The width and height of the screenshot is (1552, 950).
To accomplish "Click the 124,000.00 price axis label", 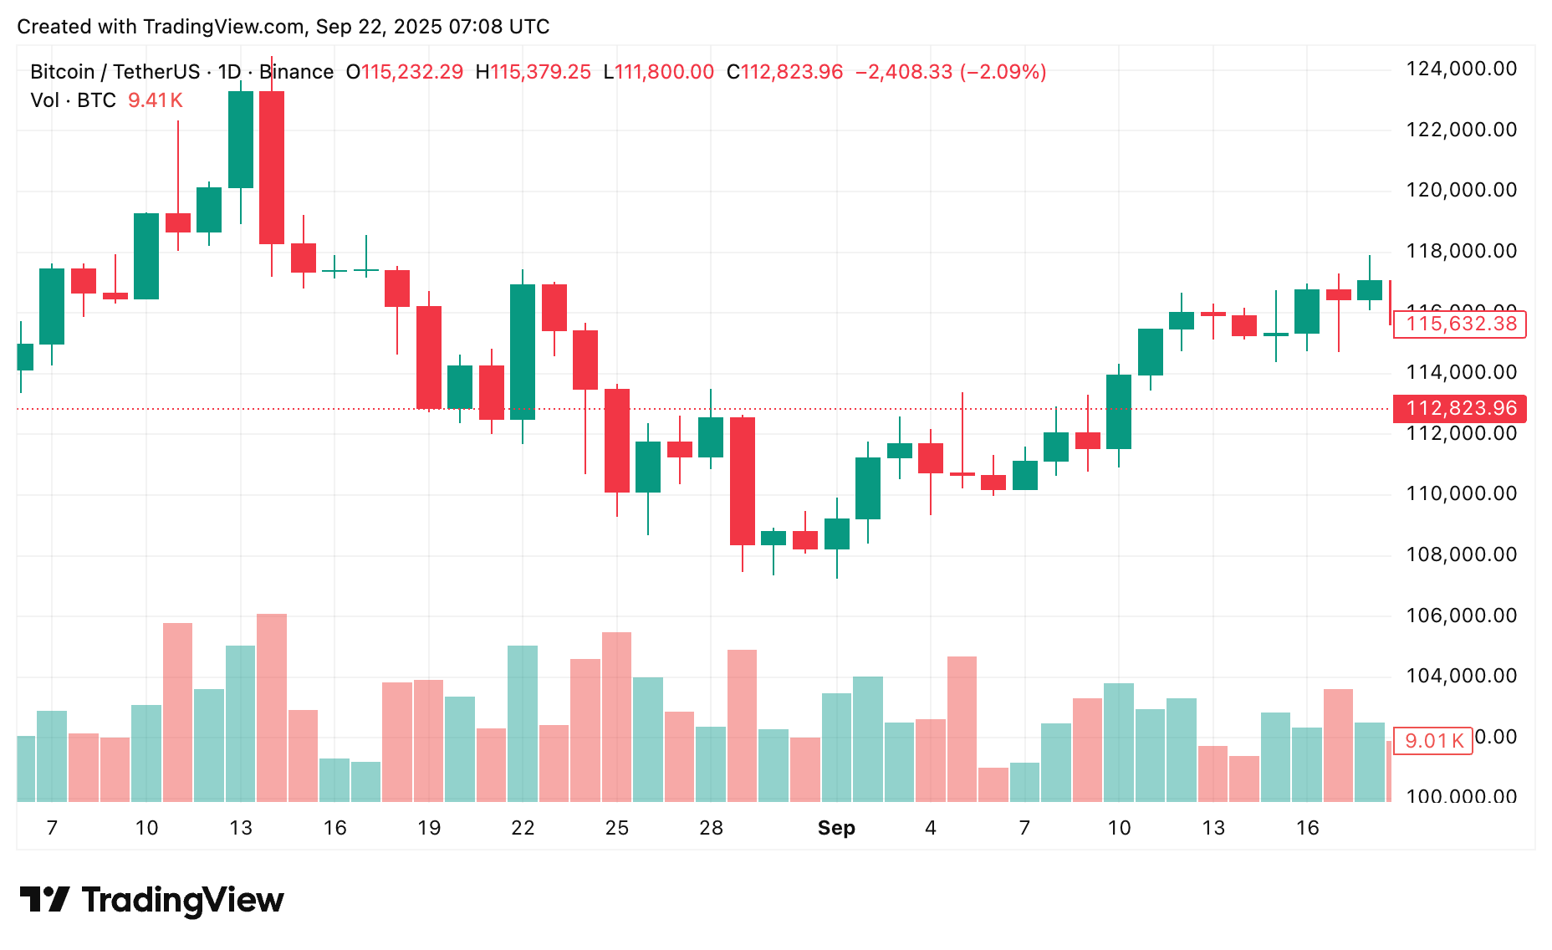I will tap(1461, 69).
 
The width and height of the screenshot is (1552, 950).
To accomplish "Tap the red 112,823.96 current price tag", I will tap(1460, 408).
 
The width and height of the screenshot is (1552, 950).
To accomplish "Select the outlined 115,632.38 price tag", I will tap(1460, 324).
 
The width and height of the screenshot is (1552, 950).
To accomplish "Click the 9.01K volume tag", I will tap(1433, 741).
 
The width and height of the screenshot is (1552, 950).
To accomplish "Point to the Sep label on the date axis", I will tap(836, 828).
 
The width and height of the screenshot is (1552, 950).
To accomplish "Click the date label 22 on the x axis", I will tap(523, 828).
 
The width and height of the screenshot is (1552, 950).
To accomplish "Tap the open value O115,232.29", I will tap(405, 72).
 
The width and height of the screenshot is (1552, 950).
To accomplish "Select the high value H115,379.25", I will tap(533, 72).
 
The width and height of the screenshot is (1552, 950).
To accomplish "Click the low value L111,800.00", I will tap(658, 72).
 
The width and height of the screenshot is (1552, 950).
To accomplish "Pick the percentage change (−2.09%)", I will tap(1003, 72).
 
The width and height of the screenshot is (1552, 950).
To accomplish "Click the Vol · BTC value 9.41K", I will tap(155, 100).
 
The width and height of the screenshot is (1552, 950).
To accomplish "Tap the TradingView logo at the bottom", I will tap(152, 900).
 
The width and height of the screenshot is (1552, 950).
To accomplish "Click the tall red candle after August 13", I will tap(272, 167).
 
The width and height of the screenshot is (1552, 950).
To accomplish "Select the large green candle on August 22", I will tap(523, 351).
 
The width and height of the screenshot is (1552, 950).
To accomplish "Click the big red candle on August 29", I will tap(743, 481).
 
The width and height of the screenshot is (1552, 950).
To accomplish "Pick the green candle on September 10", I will tap(1119, 411).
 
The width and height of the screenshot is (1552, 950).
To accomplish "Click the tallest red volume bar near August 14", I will tap(272, 707).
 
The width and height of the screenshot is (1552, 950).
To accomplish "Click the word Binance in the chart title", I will tap(296, 72).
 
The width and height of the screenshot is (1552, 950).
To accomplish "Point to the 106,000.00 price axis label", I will tap(1461, 615).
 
